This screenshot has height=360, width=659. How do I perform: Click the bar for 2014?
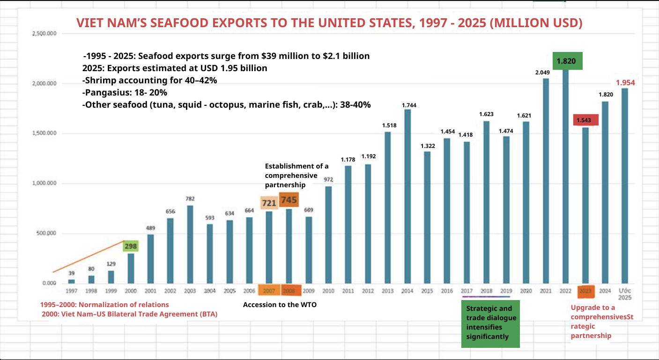point(407,197)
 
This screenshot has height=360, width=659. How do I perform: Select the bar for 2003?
point(190,244)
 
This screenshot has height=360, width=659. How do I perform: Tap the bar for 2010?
point(328,235)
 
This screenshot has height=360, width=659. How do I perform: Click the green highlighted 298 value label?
point(131,246)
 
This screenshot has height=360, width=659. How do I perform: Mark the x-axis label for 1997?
point(71,291)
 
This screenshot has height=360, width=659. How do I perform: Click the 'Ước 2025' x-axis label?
point(624,294)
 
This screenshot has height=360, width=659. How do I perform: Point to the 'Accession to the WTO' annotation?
point(280,305)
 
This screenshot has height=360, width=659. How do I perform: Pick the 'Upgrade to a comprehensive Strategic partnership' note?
point(601,321)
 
